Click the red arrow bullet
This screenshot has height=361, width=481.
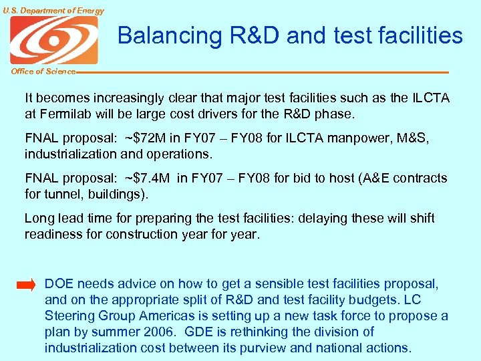click(26, 285)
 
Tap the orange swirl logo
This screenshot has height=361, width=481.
click(53, 40)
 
